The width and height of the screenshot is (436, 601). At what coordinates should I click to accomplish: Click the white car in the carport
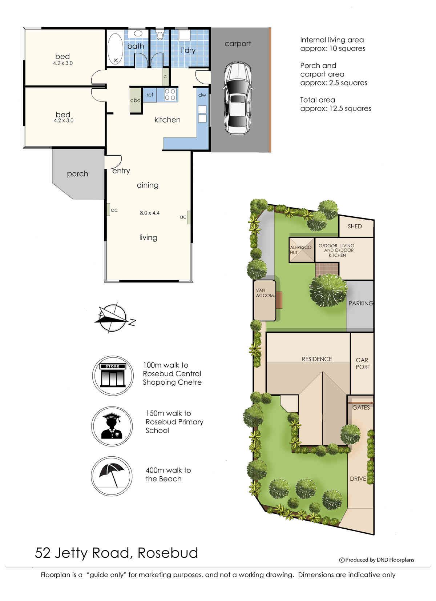click(x=238, y=98)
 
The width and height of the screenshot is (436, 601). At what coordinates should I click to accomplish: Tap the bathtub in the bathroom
click(x=115, y=49)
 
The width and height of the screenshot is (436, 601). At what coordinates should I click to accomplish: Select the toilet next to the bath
click(x=160, y=34)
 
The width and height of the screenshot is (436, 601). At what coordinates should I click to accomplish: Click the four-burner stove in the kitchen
click(x=170, y=95)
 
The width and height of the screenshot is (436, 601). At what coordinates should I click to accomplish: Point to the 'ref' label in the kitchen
click(x=150, y=95)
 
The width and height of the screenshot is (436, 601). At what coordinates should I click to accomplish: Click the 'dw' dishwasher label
click(x=202, y=95)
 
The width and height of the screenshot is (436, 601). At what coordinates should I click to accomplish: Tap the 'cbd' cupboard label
click(x=135, y=100)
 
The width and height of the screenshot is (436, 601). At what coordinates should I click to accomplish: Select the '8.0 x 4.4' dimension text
click(x=150, y=213)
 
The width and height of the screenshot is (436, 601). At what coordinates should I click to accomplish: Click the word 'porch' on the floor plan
click(x=77, y=174)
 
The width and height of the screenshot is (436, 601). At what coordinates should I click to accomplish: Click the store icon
click(x=113, y=375)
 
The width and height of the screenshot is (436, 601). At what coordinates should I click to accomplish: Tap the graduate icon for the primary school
click(x=112, y=426)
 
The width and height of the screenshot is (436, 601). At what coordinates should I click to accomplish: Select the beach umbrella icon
click(x=112, y=476)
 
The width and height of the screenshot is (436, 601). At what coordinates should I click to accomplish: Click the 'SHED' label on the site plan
click(x=355, y=227)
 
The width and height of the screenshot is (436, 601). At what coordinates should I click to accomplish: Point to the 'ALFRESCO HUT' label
click(x=300, y=250)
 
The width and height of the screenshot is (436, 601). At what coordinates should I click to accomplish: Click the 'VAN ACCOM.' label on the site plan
click(x=265, y=293)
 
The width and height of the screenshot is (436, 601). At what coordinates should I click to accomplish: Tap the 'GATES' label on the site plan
click(x=361, y=408)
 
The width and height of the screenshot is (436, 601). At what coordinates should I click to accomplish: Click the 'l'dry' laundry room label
click(x=188, y=50)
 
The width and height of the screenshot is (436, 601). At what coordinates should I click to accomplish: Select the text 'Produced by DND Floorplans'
click(x=380, y=560)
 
